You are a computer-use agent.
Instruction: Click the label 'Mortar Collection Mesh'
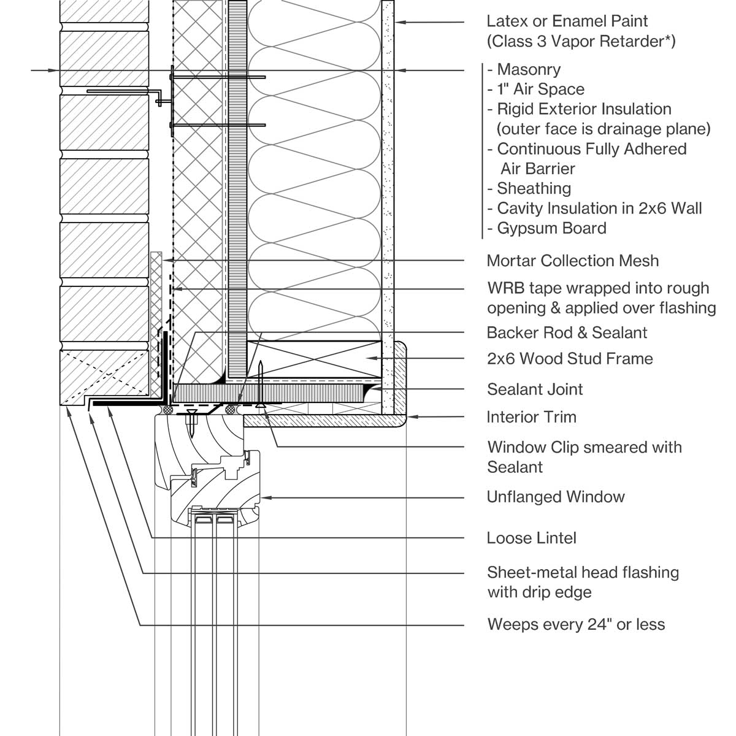[572, 261]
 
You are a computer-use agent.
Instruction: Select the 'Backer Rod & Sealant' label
[567, 332]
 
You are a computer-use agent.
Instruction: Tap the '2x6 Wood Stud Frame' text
[570, 358]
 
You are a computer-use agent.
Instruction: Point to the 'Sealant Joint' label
[535, 389]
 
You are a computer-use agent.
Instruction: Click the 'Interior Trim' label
[531, 417]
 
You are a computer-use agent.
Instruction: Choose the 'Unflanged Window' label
[555, 497]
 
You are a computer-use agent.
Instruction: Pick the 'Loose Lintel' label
[531, 538]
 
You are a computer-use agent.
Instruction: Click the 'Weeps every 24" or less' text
[576, 624]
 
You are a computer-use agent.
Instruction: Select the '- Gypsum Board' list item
[546, 228]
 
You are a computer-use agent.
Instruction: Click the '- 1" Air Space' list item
[535, 89]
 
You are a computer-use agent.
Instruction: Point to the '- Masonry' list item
[524, 69]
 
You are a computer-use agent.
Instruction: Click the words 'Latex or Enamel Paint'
[567, 21]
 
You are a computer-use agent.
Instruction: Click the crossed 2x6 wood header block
[314, 359]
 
